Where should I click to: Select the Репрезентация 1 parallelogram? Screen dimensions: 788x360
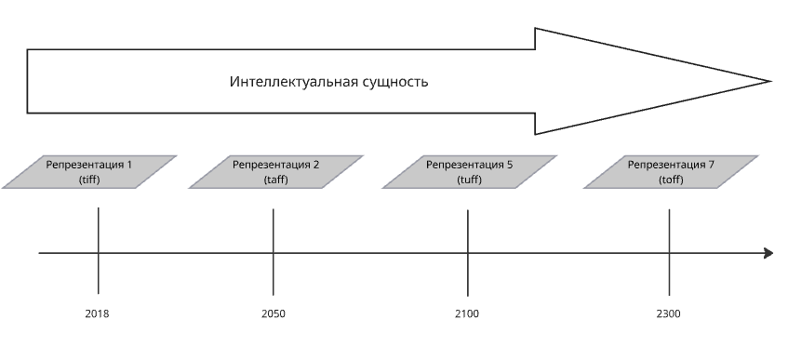[x=89, y=172]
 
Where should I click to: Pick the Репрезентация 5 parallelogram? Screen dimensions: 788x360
[x=469, y=172]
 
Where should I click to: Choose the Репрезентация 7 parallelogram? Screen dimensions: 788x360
[x=671, y=172]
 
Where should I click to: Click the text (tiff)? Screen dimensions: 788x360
[x=89, y=180]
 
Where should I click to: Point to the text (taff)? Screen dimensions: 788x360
[x=276, y=180]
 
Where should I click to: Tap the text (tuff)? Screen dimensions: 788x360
[x=469, y=180]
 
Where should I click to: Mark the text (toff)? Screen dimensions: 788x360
[x=671, y=180]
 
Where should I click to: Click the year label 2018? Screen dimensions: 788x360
[x=97, y=314]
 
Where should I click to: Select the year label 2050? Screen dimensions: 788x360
[x=274, y=314]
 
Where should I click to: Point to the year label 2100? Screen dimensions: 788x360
[x=467, y=314]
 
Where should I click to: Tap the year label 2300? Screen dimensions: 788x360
[x=668, y=314]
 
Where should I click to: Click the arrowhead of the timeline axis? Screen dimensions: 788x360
[x=768, y=253]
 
